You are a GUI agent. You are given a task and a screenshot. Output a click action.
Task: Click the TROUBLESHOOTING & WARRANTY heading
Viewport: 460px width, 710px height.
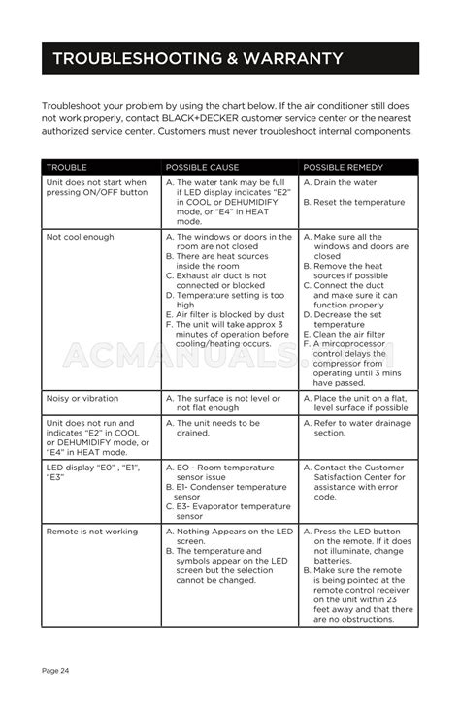197,59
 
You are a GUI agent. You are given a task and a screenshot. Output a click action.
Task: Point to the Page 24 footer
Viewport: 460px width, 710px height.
55,670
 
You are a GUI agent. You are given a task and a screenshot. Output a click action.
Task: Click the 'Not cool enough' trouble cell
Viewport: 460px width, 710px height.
80,237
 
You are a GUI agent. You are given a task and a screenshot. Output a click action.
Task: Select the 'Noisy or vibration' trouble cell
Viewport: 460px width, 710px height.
82,398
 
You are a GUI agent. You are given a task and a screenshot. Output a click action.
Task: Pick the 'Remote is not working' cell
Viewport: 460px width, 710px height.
92,532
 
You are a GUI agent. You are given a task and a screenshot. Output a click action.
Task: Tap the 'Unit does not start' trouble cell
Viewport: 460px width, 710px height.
97,187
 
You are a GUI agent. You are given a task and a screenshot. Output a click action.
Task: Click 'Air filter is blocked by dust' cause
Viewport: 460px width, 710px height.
229,314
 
